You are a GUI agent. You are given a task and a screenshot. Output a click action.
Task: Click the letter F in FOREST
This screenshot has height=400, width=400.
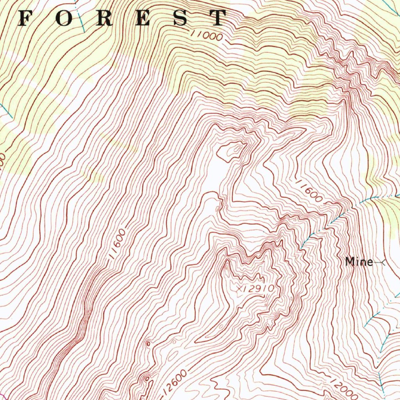[26, 18]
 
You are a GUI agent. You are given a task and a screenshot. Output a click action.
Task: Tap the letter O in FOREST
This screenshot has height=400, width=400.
[64, 18]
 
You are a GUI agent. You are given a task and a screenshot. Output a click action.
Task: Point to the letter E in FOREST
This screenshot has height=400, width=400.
[142, 18]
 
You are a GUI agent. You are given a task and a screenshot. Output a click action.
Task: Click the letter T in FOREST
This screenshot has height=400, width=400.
[217, 18]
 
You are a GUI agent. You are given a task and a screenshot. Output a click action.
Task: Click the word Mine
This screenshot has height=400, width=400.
[359, 262]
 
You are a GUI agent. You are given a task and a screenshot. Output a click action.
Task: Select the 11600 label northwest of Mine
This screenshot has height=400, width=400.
[309, 190]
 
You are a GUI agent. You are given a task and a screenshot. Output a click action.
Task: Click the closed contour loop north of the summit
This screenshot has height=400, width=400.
[232, 152]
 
